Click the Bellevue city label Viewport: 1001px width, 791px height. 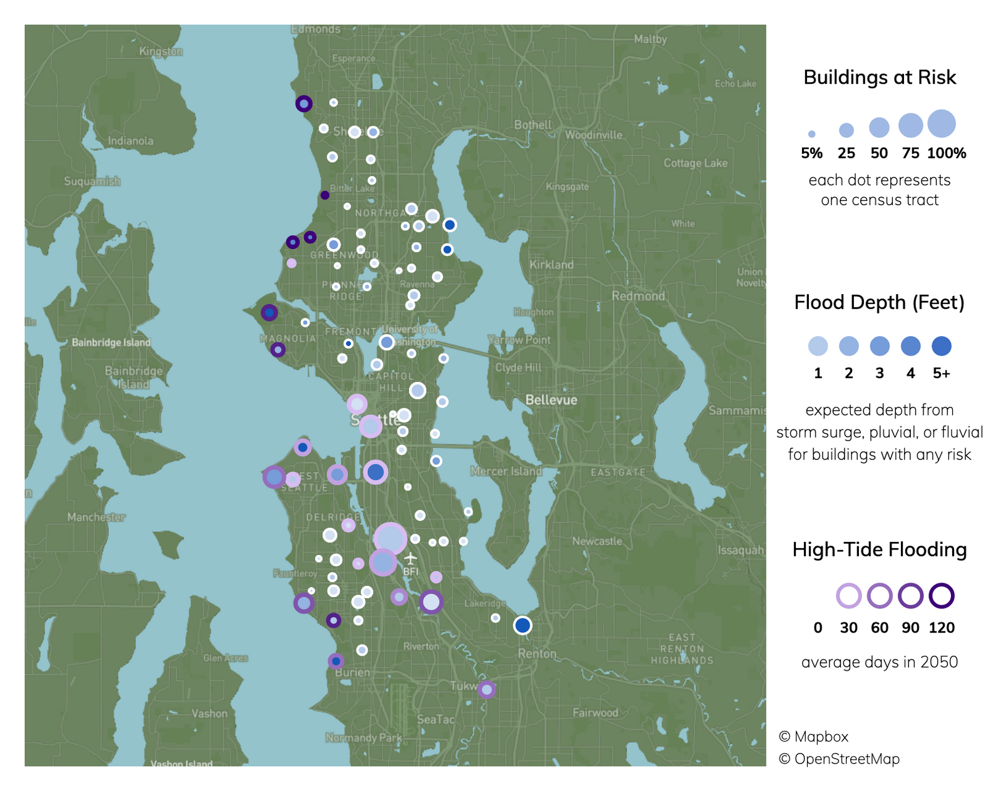coord(551,400)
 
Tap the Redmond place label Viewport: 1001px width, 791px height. coord(638,296)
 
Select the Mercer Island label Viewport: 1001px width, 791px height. coord(506,471)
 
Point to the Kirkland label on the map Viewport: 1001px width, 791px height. coord(551,265)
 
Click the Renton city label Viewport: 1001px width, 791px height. coord(537,653)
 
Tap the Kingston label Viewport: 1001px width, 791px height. coord(161,51)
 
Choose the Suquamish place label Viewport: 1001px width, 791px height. coord(92,181)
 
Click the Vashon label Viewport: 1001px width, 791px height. coord(210,713)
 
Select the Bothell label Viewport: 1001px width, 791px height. coord(533,125)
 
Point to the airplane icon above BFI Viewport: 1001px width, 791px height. coord(410,558)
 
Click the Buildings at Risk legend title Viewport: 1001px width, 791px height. coord(880,78)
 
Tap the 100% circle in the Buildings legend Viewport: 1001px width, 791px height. coord(942,124)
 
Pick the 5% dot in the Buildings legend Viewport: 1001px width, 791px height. coord(811,134)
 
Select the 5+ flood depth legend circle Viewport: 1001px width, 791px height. coord(942,346)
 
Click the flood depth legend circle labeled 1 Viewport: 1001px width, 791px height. coord(818,346)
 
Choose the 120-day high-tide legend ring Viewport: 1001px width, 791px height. coord(942,596)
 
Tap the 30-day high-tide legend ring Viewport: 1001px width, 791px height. coord(848,596)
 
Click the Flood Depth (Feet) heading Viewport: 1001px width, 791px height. coord(879,303)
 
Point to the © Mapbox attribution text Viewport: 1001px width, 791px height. coord(813,737)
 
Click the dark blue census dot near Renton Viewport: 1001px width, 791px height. coord(522,625)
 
